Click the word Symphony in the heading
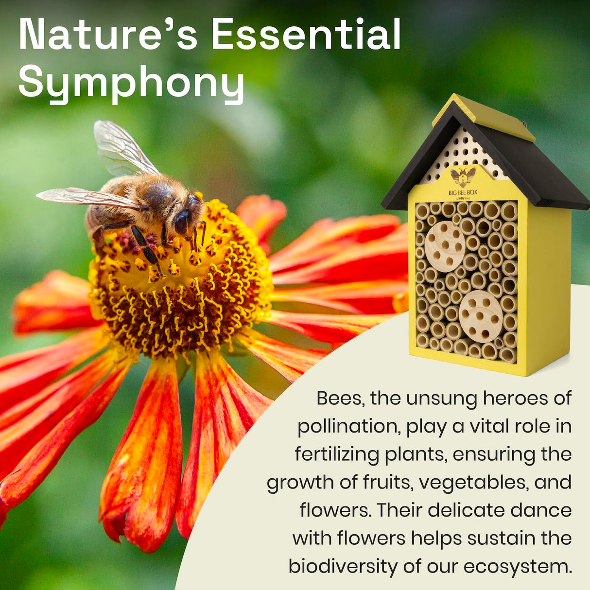[x=131, y=83]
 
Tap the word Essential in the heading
[x=306, y=35]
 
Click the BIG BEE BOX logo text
[x=463, y=192]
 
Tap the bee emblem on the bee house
[x=463, y=176]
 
